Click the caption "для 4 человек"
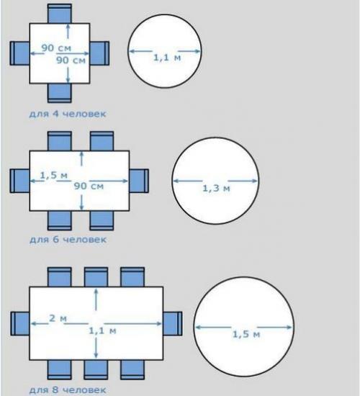(68, 114)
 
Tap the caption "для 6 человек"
(68, 240)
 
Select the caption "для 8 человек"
(68, 390)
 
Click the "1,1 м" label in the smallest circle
(167, 58)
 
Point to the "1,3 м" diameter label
(216, 188)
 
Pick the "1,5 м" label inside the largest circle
(246, 334)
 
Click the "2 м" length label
(58, 318)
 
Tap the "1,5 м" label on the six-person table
(54, 175)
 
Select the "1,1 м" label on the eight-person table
(102, 331)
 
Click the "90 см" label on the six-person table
(89, 186)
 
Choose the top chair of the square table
(60, 14)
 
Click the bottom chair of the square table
(60, 93)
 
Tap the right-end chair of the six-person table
(139, 181)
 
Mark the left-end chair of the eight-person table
(20, 324)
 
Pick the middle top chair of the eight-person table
(96, 276)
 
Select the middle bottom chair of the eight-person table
(96, 370)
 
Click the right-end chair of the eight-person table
(173, 324)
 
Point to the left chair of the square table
(19, 53)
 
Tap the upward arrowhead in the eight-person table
(96, 292)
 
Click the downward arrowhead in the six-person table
(81, 207)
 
